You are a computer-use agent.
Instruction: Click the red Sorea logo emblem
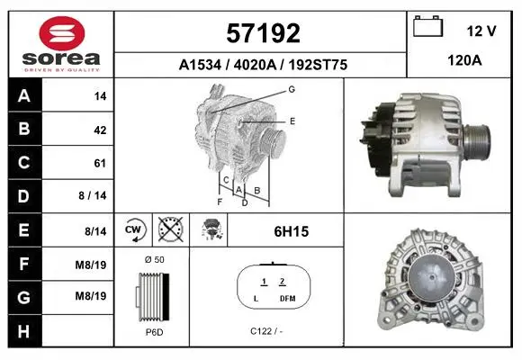[62, 33]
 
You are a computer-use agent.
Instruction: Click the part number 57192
[263, 33]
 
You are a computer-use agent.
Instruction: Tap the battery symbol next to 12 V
[427, 26]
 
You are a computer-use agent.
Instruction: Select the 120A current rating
[464, 60]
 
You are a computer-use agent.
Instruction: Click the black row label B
[24, 129]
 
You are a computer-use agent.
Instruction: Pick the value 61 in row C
[100, 163]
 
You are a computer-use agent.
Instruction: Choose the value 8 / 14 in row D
[92, 195]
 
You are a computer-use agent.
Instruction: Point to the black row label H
[23, 331]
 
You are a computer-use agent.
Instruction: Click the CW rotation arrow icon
[133, 229]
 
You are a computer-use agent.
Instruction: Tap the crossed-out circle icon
[170, 229]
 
